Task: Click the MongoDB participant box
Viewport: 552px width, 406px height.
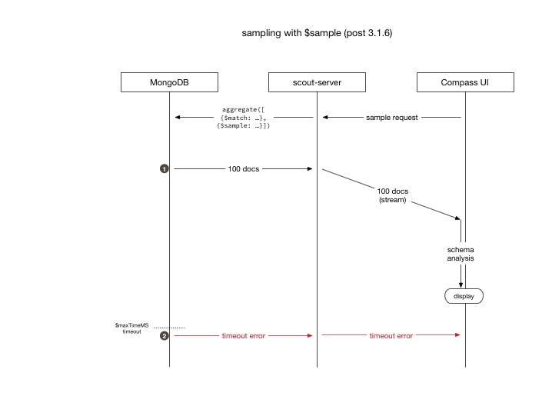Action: pos(169,82)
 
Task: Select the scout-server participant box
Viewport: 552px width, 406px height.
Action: pos(317,82)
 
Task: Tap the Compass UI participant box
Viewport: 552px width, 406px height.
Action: pos(465,82)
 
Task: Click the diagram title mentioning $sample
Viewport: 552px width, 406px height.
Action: pos(321,34)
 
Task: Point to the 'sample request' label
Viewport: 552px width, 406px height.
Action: pos(391,118)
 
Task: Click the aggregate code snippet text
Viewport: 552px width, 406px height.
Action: pos(243,118)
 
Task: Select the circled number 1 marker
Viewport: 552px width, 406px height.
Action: pos(164,168)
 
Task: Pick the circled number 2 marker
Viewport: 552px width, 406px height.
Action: pos(164,336)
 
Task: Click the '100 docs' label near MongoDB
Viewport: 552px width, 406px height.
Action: pos(243,168)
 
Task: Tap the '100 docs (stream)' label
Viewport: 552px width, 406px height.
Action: pos(392,195)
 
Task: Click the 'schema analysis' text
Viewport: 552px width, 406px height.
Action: pos(461,255)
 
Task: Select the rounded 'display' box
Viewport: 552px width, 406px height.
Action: pos(464,295)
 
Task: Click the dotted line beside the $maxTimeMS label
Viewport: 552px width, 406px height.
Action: pos(168,328)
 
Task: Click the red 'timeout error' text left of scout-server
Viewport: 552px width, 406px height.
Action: pos(243,336)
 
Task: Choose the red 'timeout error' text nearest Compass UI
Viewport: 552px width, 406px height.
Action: pos(391,336)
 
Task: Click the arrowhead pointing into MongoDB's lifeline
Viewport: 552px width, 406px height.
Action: pos(178,118)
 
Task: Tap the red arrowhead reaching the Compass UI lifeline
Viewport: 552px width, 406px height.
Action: pos(457,336)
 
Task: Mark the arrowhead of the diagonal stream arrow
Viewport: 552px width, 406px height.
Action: pos(457,218)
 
